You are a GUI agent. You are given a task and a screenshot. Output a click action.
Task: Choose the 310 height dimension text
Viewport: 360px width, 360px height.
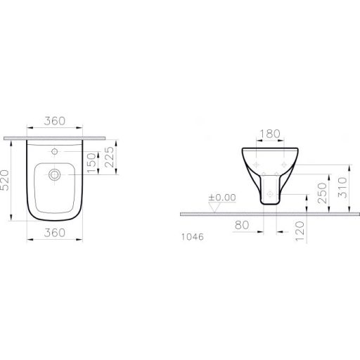tap(341, 185)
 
